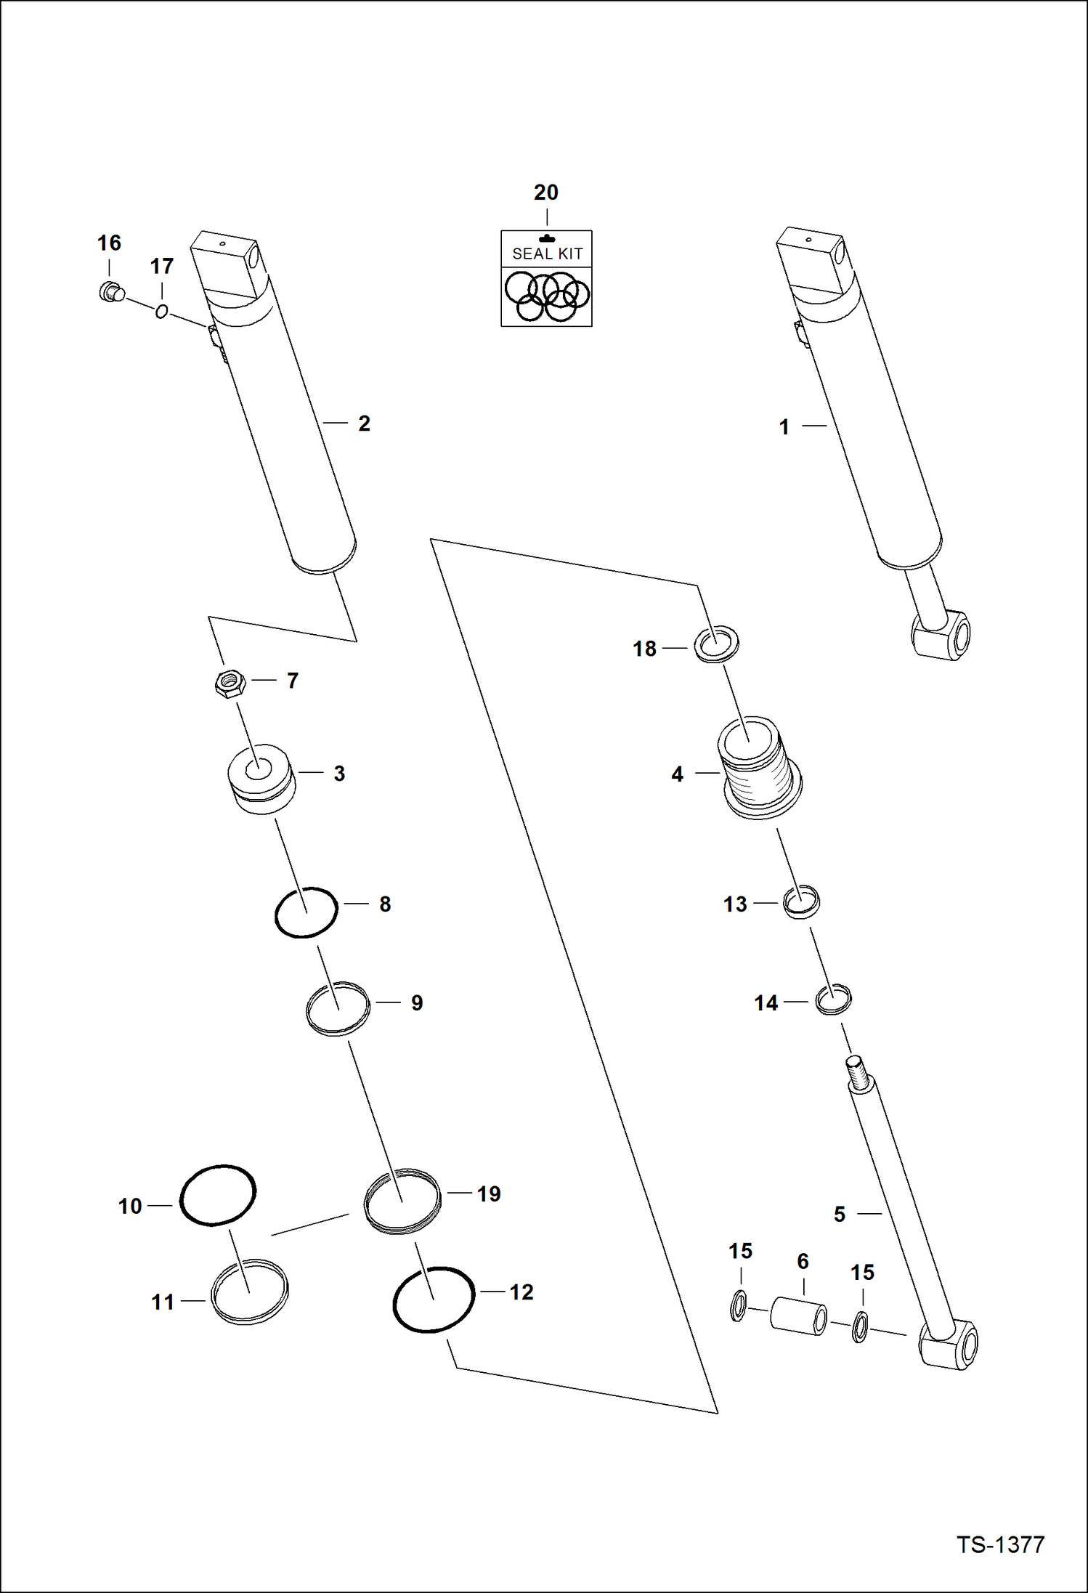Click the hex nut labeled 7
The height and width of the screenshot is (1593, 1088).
[x=230, y=684]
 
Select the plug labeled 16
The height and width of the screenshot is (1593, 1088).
[x=110, y=292]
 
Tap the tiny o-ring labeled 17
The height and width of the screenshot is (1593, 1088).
[x=161, y=312]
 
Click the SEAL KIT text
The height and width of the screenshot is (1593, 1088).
[x=547, y=254]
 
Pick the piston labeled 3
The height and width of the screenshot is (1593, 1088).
[x=260, y=779]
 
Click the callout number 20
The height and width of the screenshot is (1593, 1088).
[x=546, y=192]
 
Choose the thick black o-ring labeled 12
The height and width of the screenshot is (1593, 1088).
[x=433, y=1300]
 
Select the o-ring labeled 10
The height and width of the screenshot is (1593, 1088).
[x=217, y=1196]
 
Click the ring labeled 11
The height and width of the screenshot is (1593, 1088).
[x=249, y=1292]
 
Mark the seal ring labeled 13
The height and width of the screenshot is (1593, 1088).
[x=801, y=903]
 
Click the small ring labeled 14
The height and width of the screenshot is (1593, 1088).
[x=833, y=1000]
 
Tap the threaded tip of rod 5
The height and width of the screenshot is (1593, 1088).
[x=856, y=1072]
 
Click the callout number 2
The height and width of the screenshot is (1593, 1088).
[x=364, y=423]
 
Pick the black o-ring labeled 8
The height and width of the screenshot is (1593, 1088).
[x=306, y=912]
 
